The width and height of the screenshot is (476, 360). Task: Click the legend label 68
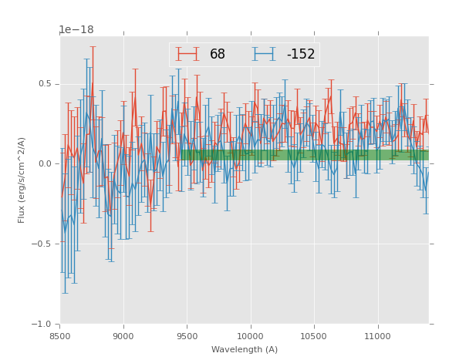click(x=218, y=55)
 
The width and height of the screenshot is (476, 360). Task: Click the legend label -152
click(x=301, y=55)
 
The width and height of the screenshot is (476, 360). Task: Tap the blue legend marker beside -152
click(x=265, y=54)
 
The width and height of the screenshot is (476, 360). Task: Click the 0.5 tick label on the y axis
click(x=46, y=84)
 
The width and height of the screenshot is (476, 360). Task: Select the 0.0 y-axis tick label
click(x=46, y=163)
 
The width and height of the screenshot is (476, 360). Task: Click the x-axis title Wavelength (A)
click(x=244, y=350)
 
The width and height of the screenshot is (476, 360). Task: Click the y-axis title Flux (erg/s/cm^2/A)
click(x=22, y=180)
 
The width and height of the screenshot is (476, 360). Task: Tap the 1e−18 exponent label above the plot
click(x=76, y=30)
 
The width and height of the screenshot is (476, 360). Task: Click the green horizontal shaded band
click(x=309, y=155)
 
